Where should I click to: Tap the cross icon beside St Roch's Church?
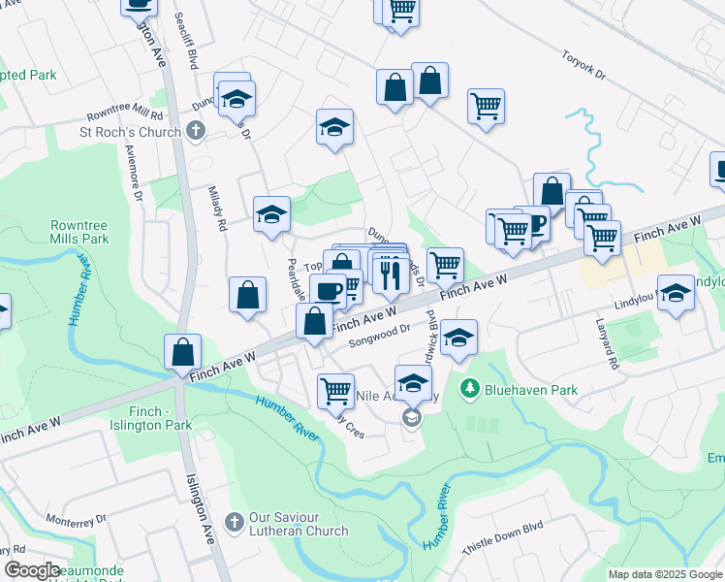click(196, 131)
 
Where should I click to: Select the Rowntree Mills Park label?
click(80, 231)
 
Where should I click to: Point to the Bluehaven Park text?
click(532, 390)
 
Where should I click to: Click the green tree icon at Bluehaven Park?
click(470, 389)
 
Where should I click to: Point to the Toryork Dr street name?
click(583, 63)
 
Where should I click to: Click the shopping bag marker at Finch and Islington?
click(182, 353)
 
